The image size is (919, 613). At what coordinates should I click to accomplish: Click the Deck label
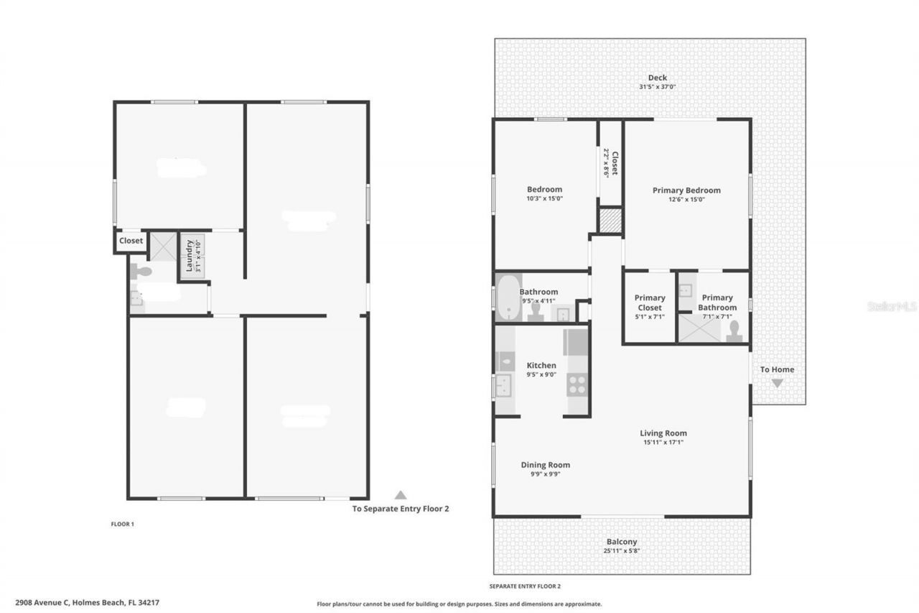point(657,78)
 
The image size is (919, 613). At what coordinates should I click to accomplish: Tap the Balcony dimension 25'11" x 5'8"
point(621,551)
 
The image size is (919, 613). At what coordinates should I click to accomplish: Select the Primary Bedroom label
point(686,190)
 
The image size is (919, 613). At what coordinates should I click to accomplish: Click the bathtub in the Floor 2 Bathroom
point(509,297)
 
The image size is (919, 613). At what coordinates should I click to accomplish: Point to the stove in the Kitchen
point(577,385)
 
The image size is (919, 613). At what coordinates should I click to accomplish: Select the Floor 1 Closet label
point(131,241)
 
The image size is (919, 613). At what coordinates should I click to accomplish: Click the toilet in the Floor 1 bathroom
point(143,272)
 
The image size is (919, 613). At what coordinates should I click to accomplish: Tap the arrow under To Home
point(777,383)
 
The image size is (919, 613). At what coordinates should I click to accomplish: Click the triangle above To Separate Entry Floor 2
point(401,494)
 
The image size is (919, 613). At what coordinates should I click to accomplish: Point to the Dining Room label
point(545,465)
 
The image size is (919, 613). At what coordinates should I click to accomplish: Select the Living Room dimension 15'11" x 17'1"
point(663,443)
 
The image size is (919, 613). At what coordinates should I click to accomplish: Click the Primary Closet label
point(649,303)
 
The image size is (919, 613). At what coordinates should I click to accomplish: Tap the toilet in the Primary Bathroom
point(734,329)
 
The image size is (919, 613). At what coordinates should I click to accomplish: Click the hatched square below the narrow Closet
point(610,220)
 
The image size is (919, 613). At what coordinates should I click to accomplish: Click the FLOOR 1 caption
point(122,524)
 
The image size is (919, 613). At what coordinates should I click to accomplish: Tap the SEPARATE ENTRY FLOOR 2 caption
point(525,586)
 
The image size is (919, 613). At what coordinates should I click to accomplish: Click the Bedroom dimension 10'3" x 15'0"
point(544,198)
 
